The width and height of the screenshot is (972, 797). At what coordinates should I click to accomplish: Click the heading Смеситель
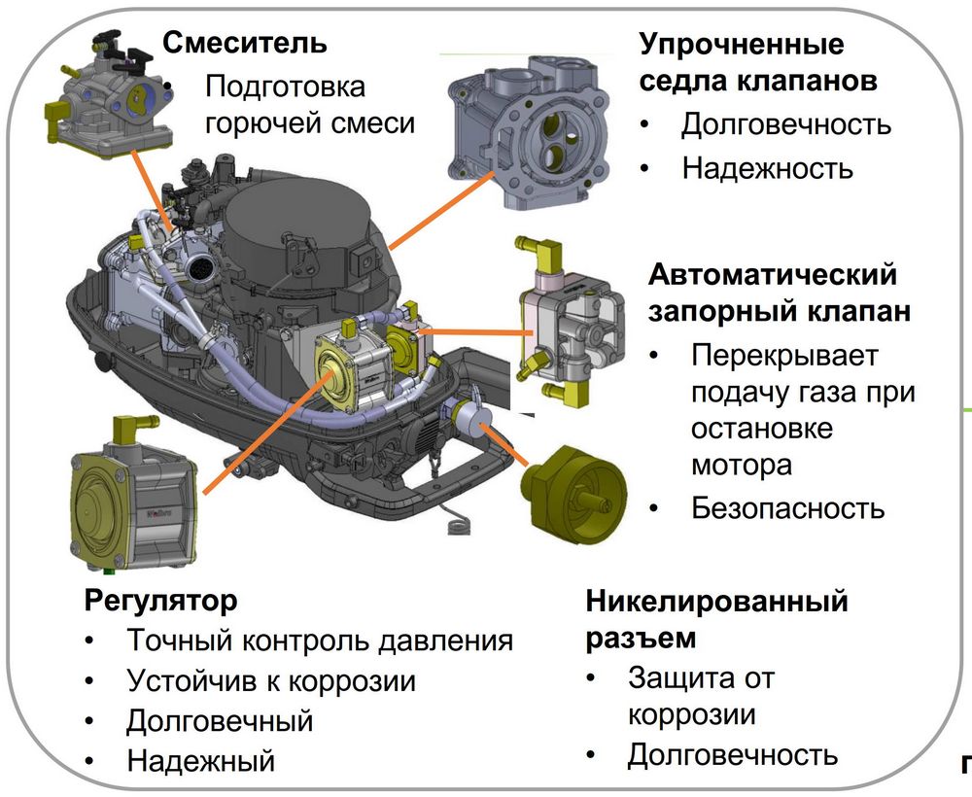244,43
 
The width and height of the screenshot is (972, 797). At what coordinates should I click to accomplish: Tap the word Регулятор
161,601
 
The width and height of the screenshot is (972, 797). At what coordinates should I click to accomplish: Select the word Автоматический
773,274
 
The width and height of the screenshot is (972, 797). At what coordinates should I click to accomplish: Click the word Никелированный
716,601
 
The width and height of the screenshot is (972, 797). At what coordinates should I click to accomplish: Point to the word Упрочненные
742,45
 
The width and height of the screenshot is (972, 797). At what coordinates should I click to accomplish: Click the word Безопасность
788,507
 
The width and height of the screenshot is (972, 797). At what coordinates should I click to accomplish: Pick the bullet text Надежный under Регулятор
200,760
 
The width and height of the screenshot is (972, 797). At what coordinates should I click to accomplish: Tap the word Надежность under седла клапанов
767,168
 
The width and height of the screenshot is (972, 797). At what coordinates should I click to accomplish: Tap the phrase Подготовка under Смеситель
285,87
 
